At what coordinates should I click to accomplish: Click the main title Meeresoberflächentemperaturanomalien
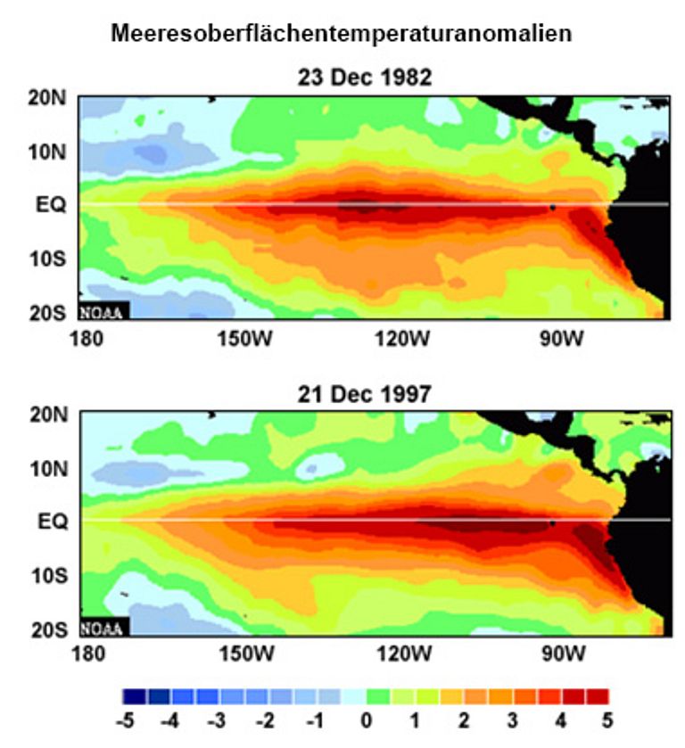pyautogui.click(x=342, y=35)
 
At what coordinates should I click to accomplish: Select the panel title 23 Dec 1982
pyautogui.click(x=364, y=78)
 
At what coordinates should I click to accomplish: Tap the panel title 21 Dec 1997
pyautogui.click(x=364, y=394)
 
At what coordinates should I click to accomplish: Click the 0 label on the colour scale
pyautogui.click(x=367, y=719)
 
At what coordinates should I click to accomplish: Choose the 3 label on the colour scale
pyautogui.click(x=511, y=719)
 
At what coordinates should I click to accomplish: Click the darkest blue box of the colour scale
pyautogui.click(x=134, y=695)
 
